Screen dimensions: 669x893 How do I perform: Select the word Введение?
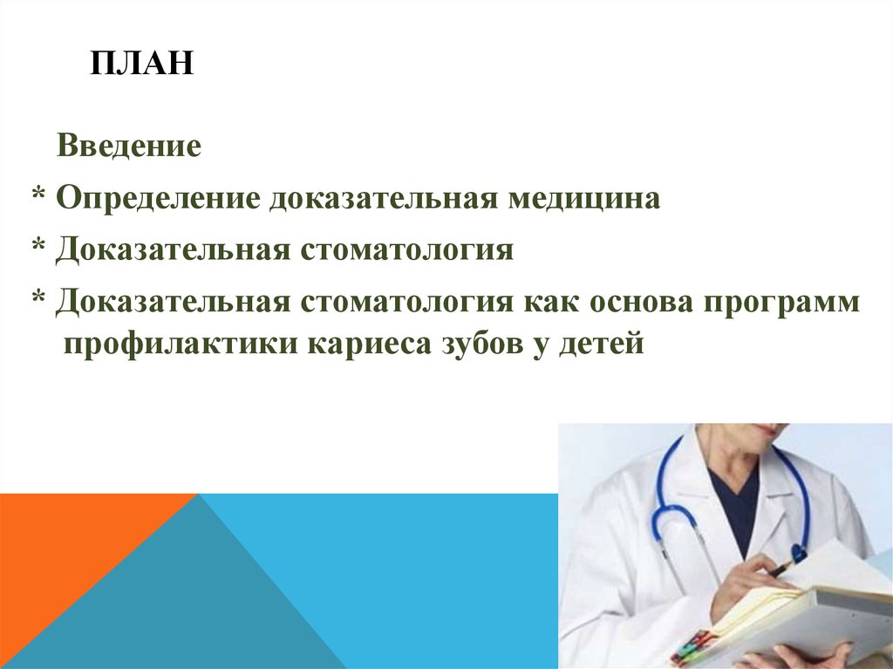pos(129,145)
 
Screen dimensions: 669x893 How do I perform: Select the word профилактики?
pos(180,344)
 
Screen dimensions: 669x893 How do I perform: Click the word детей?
pos(602,344)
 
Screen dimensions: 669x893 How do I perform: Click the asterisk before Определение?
pos(39,196)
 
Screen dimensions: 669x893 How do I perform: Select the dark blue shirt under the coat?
pos(734,506)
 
